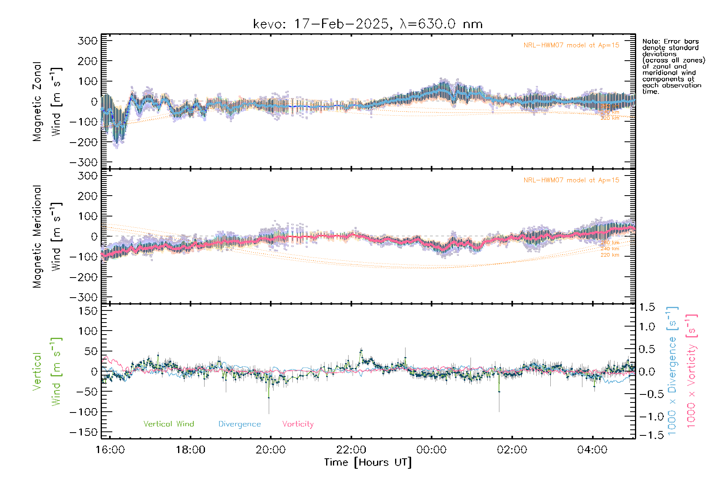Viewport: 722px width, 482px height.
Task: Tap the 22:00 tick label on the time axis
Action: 351,450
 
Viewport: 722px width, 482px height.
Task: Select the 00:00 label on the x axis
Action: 432,450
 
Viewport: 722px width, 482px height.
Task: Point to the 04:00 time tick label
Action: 592,450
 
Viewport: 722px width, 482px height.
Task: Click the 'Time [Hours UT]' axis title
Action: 368,463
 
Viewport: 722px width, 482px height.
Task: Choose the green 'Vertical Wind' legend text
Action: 168,424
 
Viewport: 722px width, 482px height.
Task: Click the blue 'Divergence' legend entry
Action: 239,424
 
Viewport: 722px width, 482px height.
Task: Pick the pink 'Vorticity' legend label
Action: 298,424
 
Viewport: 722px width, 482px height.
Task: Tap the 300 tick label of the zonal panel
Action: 87,41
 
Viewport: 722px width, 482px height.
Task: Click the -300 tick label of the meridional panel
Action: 83,297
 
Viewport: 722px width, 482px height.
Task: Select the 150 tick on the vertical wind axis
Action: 87,311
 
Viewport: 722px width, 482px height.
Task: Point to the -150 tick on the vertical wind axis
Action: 83,432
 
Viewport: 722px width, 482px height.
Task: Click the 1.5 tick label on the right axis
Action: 647,307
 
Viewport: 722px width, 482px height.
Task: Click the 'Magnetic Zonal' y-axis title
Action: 37,102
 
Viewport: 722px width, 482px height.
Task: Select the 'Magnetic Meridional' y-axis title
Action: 37,237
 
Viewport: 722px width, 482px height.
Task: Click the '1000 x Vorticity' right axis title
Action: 692,370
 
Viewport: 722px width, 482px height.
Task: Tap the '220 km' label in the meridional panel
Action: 610,255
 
